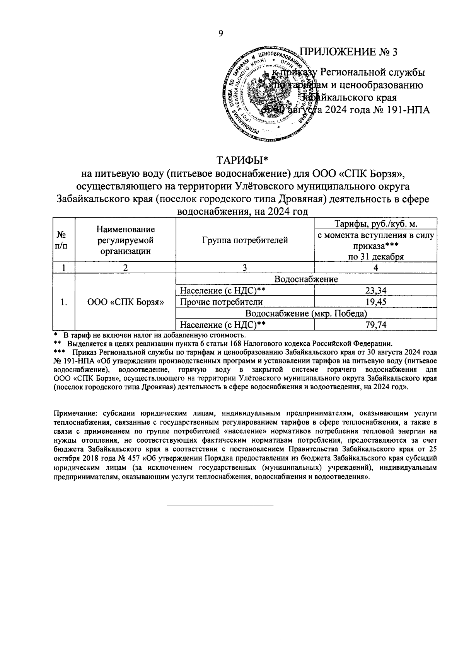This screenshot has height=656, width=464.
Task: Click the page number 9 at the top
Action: pos(221,34)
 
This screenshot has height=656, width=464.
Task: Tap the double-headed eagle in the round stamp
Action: pos(266,91)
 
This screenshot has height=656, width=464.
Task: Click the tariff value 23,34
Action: pos(376,291)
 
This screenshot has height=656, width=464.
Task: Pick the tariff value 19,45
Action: pos(376,302)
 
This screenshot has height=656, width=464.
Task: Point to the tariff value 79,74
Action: pos(376,325)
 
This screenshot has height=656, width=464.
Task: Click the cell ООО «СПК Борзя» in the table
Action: pos(125,302)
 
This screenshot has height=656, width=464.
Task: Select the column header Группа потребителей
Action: pos(245,240)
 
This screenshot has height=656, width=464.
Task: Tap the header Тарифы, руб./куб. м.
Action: pos(376,224)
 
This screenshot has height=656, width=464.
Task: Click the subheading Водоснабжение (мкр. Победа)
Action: pos(306,313)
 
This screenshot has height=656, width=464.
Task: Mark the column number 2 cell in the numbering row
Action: pos(125,268)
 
